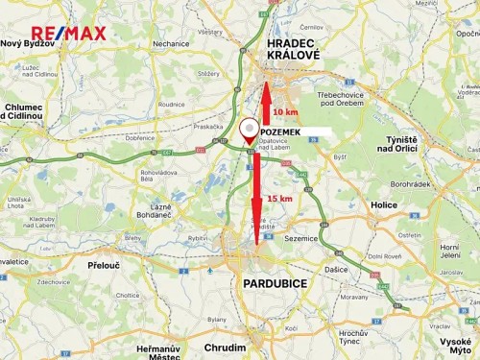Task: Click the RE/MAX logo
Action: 69,36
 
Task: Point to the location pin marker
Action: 249,130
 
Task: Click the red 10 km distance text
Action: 284,111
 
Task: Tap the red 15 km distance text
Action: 279,199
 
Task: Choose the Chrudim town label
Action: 225,347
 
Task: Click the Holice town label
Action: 384,204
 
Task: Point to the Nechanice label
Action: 170,43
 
